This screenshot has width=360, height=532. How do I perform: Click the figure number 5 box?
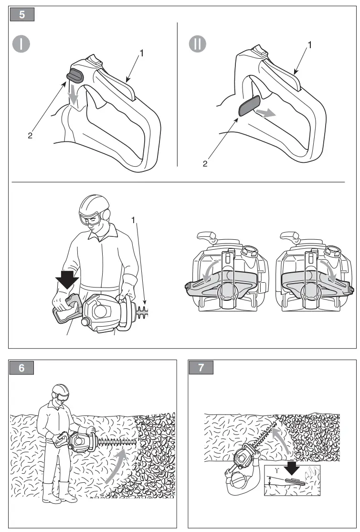22,14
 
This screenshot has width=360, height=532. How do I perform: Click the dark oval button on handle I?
75,74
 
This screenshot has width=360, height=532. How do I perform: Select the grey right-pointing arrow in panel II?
266,113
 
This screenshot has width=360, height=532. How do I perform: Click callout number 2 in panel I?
30,136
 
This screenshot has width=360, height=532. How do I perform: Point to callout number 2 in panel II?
205,164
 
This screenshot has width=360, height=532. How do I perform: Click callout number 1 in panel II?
310,46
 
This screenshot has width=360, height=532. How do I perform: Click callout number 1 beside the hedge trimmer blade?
134,220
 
